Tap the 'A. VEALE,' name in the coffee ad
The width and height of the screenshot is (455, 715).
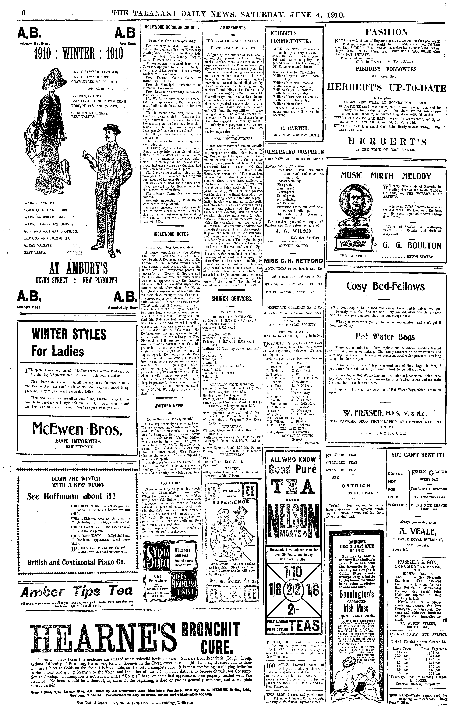pos(414,531)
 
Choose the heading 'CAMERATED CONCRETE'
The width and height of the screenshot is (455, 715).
pos(294,152)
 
